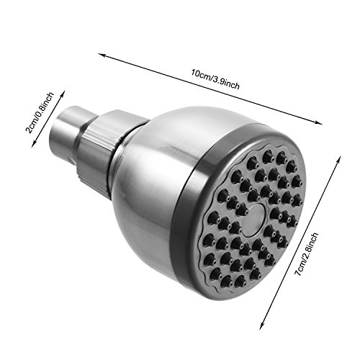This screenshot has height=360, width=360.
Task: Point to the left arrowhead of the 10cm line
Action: point(100,53)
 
